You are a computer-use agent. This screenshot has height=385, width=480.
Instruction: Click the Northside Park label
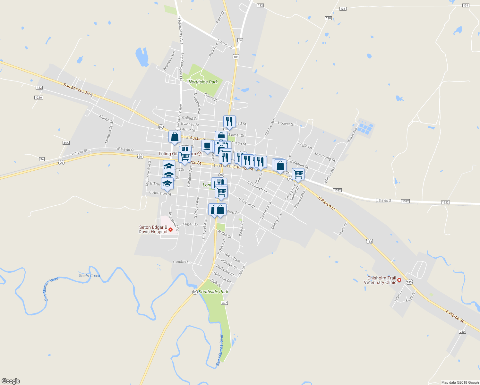pyautogui.click(x=203, y=82)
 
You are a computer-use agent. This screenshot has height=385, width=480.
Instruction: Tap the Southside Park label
pyautogui.click(x=213, y=292)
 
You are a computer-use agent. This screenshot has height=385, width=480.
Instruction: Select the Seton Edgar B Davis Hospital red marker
pyautogui.click(x=170, y=229)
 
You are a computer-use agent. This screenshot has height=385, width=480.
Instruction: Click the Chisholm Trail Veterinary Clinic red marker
pyautogui.click(x=399, y=280)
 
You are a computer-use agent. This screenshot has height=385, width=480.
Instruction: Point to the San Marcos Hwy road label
pyautogui.click(x=78, y=90)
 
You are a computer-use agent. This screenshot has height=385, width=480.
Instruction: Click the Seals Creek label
pyautogui.click(x=90, y=276)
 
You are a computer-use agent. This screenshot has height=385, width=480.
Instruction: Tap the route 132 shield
pyautogui.click(x=260, y=5)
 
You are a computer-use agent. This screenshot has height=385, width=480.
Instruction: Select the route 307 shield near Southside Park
pyautogui.click(x=224, y=303)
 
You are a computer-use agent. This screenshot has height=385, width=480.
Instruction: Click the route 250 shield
pyautogui.click(x=462, y=332)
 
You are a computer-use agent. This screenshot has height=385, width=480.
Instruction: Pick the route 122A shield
pyautogui.click(x=39, y=97)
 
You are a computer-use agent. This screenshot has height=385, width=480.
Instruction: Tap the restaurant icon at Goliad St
pyautogui.click(x=229, y=122)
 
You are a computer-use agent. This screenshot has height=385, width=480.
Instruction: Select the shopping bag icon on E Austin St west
pyautogui.click(x=175, y=137)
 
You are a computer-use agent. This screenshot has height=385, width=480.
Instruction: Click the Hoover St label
pyautogui.click(x=286, y=124)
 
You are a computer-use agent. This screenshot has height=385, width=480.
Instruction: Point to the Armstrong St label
pyautogui.click(x=324, y=156)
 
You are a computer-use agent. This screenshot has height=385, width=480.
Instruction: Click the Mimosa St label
pyautogui.click(x=109, y=134)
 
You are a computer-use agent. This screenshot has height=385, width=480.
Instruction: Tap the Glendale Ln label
pyautogui.click(x=182, y=262)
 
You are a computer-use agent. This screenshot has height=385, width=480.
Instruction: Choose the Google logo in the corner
pyautogui.click(x=11, y=381)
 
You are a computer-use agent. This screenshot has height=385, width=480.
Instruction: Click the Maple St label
pyautogui.click(x=343, y=229)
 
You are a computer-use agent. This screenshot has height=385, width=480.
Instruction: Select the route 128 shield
pyautogui.click(x=328, y=18)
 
